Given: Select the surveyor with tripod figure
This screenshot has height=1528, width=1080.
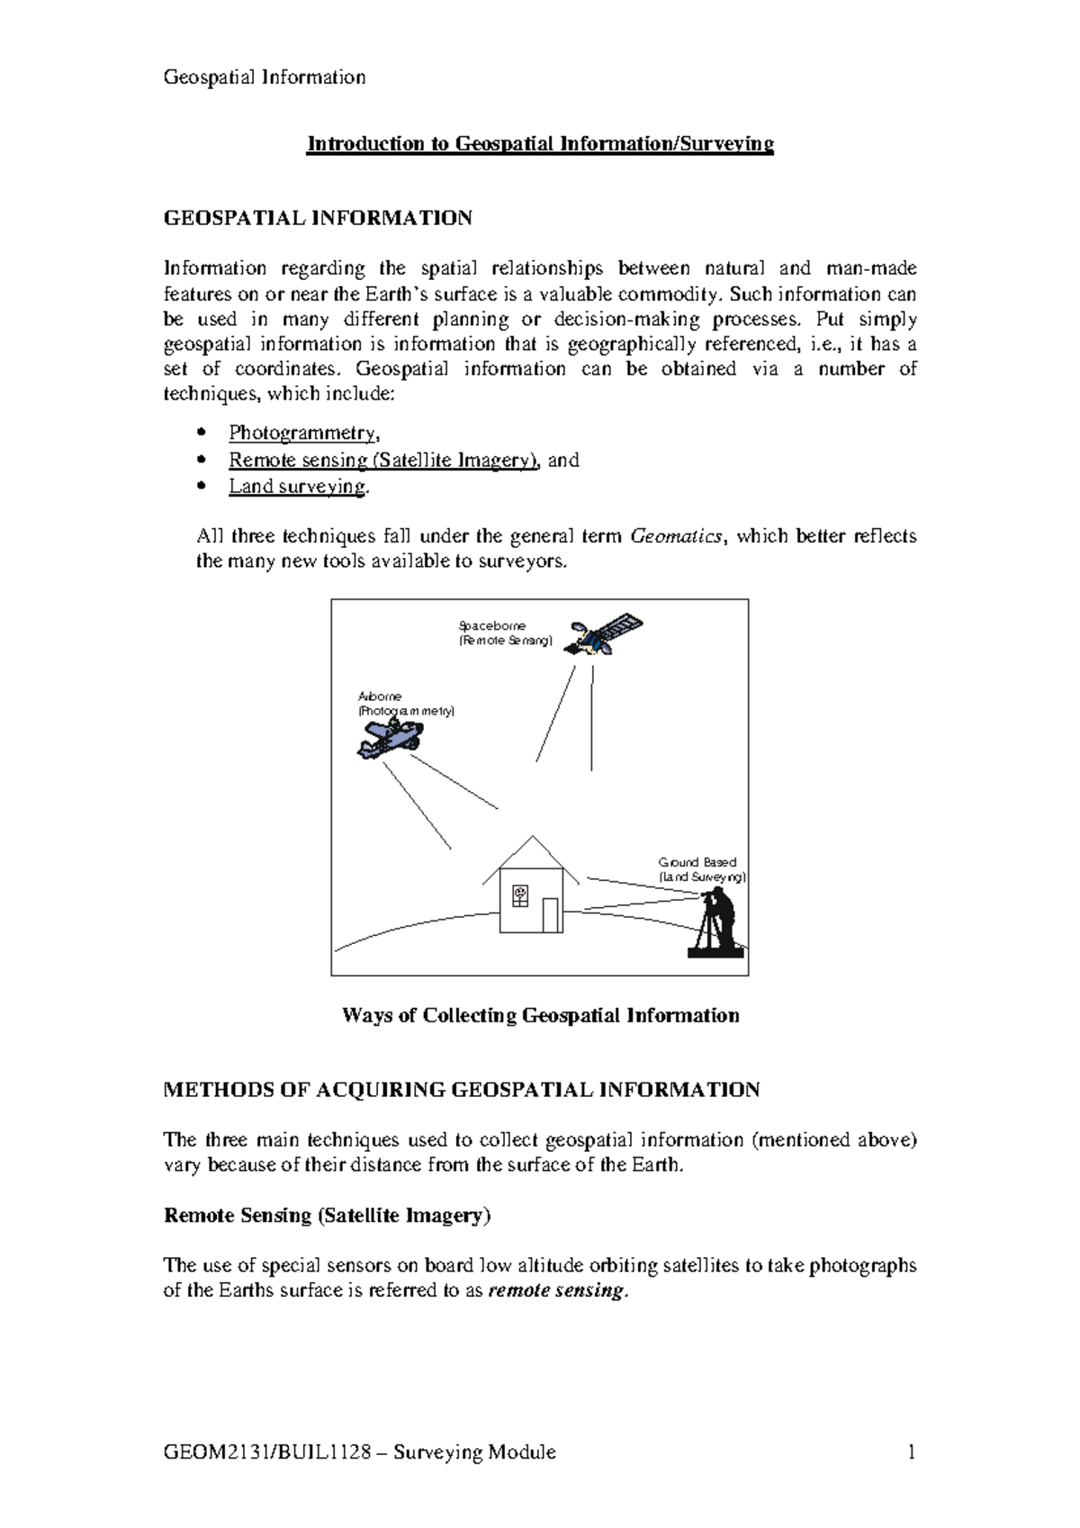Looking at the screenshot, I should click(x=717, y=922).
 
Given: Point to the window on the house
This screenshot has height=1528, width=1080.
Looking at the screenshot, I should click(x=519, y=895).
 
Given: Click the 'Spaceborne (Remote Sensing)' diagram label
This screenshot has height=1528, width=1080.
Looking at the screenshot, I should click(x=504, y=634).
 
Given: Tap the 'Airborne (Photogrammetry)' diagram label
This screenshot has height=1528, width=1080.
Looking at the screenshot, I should click(x=406, y=704).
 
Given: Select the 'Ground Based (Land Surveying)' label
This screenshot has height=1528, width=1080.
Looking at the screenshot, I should click(x=701, y=869).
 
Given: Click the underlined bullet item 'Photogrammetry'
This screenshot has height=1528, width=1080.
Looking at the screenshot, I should click(x=302, y=433).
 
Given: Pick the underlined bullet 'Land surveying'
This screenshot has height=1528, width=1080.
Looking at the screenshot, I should click(x=297, y=487).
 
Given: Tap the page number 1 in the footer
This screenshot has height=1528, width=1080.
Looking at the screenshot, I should click(x=912, y=1452).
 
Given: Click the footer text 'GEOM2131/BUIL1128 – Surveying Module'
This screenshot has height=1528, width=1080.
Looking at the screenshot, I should click(x=359, y=1452).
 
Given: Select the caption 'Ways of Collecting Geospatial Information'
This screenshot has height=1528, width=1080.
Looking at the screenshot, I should click(x=540, y=1015).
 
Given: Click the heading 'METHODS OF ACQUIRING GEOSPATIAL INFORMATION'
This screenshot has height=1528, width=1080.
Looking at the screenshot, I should click(x=461, y=1090).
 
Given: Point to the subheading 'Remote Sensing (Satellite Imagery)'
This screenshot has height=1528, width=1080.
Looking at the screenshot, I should click(x=327, y=1216).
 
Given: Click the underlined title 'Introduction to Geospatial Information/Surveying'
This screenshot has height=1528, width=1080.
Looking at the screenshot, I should click(x=540, y=144).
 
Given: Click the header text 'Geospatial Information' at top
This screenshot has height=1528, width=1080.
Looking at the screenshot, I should click(x=264, y=77).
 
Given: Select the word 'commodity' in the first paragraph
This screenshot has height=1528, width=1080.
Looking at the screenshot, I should click(x=677, y=294).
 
